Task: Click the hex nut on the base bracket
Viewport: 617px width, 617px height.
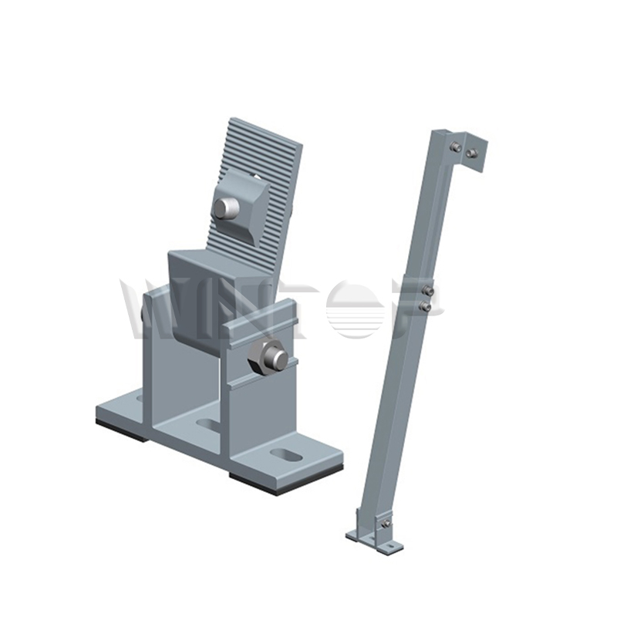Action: pyautogui.click(x=269, y=356)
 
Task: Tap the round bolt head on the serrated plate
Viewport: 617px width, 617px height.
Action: pyautogui.click(x=224, y=207)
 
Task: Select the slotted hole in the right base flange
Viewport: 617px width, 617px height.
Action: pyautogui.click(x=287, y=455)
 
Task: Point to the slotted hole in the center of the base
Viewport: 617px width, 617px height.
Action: pyautogui.click(x=208, y=424)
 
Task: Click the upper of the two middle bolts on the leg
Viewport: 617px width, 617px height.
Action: pyautogui.click(x=427, y=290)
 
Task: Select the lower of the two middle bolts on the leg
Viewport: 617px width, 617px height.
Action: pyautogui.click(x=424, y=306)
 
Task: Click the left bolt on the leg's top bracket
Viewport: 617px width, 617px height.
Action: pyautogui.click(x=457, y=147)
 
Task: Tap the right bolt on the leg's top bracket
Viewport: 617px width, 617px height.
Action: pyautogui.click(x=471, y=153)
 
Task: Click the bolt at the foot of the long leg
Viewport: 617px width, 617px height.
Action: pyautogui.click(x=383, y=524)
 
